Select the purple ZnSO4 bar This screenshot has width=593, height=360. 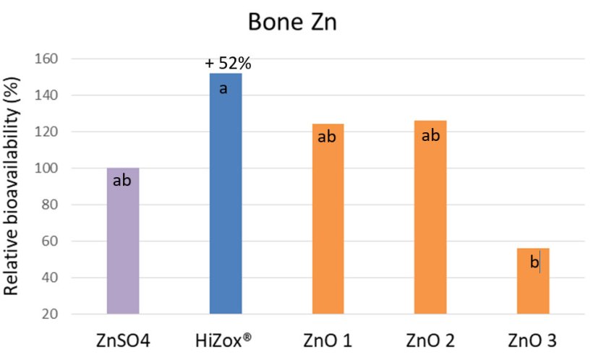pos(123,242)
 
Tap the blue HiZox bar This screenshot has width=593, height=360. pos(226,195)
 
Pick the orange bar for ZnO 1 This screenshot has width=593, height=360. pos(328,220)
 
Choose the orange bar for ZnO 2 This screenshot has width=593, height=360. pos(430,220)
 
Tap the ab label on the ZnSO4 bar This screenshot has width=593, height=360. pos(122,180)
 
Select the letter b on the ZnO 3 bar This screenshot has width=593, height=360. pos(534,263)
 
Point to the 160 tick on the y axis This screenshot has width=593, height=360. pos(48,59)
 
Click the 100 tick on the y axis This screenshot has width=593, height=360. pos(48,168)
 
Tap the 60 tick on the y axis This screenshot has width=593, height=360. pos(52,241)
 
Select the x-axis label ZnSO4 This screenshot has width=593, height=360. pos(122,340)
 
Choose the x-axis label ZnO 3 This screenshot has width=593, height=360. pos(534,340)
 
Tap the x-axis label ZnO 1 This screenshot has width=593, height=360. pos(328,340)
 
